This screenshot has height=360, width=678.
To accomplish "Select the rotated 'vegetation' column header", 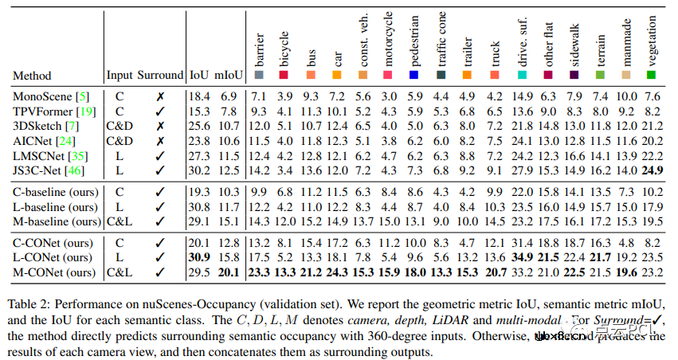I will pos(651,41).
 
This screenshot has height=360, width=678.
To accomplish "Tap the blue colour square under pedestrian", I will pos(413,75).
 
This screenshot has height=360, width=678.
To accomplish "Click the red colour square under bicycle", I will pos(284,75).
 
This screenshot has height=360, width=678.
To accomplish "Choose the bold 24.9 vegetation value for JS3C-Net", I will pos(651,170).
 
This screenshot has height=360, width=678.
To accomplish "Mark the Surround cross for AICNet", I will pos(159,140).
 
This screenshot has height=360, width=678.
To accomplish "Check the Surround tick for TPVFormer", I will pos(159,111).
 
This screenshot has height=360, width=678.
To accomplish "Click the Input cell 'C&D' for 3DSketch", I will pos(120,125).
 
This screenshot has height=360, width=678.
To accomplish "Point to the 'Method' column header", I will pos(33,75).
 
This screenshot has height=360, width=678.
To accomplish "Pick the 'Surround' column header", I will pos(160,75).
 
